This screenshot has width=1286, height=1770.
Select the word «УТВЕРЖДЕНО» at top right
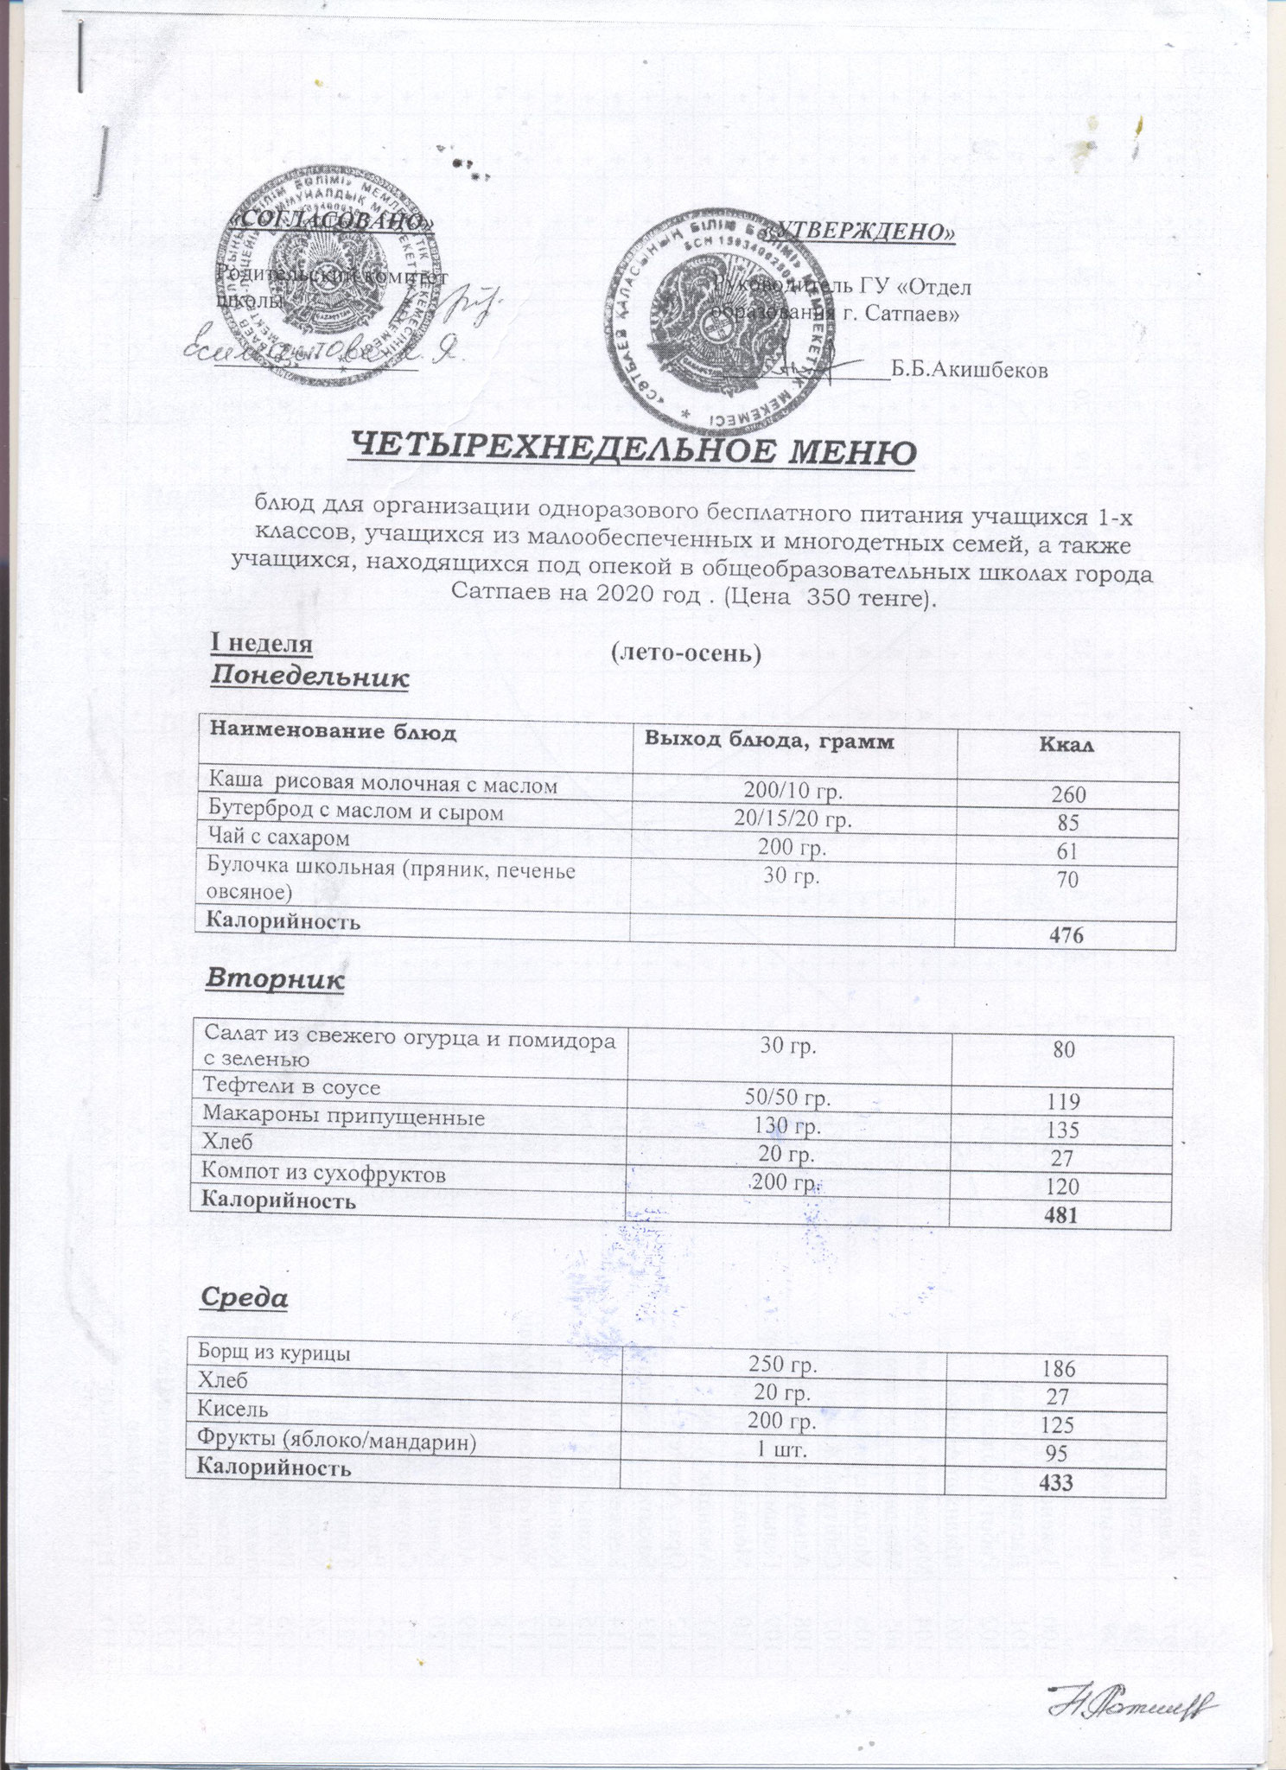860,232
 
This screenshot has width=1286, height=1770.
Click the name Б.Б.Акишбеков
970,371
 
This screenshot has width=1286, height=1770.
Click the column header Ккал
1067,743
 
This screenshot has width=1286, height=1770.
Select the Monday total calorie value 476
1066,935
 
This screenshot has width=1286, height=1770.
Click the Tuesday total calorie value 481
1060,1214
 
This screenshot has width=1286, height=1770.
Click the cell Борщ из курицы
275,1353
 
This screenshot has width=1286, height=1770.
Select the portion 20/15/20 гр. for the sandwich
793,819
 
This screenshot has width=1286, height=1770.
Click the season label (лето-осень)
685,655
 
